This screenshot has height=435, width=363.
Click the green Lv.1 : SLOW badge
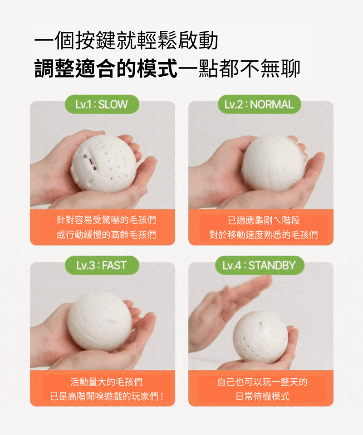[x=102, y=104]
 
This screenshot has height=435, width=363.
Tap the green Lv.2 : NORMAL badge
[x=259, y=104]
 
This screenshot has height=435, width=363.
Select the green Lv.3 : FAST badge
[x=102, y=265]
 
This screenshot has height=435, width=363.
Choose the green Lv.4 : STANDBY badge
[x=259, y=265]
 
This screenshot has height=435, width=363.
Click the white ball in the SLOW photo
[x=104, y=164]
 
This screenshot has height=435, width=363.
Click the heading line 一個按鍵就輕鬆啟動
[x=126, y=40]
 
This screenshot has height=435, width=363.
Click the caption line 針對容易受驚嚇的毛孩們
[x=106, y=220]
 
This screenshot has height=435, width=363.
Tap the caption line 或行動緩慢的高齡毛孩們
[x=106, y=235]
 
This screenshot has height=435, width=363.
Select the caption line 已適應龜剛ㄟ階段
[x=264, y=220]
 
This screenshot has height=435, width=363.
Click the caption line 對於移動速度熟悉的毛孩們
[x=264, y=235]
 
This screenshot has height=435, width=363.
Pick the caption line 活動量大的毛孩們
[x=106, y=382]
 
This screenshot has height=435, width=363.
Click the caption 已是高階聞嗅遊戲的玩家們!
[x=107, y=396]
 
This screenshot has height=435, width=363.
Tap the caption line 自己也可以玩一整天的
[x=262, y=382]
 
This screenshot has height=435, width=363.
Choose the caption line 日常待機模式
[x=262, y=396]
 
